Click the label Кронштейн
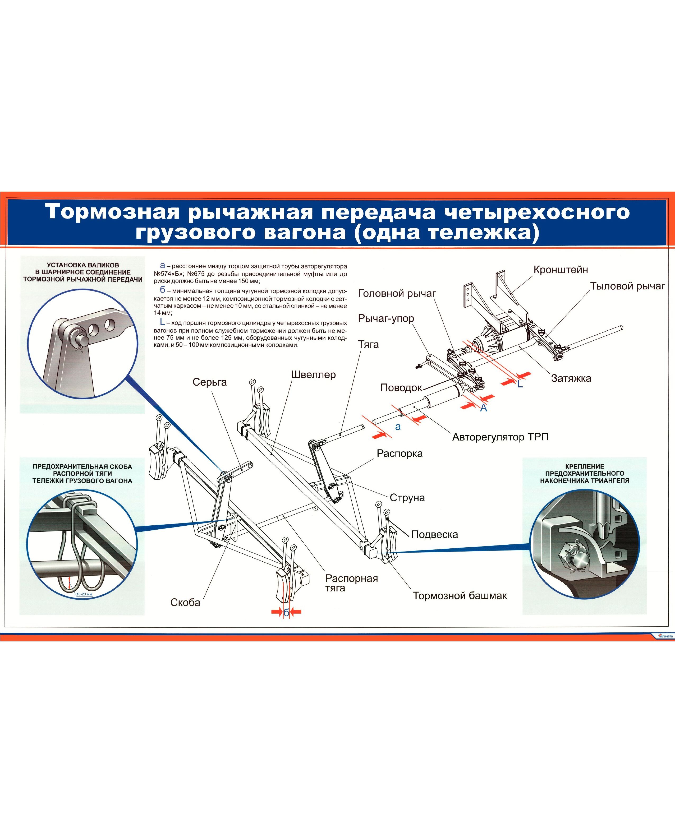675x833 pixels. coord(560,270)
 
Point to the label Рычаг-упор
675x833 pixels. coord(386,318)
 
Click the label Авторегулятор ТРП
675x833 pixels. coord(500,437)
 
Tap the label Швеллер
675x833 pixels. coord(313,375)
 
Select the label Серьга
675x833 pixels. coord(210,382)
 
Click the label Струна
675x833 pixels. coord(407,498)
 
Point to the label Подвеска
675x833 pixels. coord(434,534)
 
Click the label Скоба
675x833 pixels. coord(185,603)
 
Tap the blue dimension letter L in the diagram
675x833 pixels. coord(520,384)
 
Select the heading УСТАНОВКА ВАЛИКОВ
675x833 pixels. coord(83,265)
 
